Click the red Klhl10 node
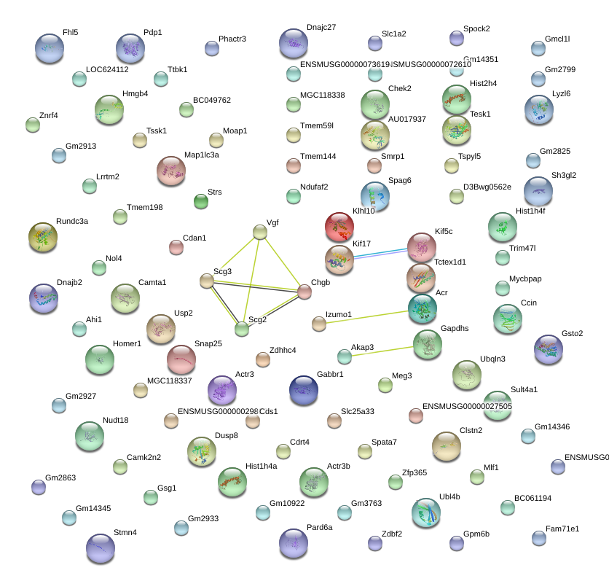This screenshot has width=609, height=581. pos(339,227)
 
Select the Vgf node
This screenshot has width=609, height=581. pos(260,232)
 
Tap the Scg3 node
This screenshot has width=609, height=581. pos(207,281)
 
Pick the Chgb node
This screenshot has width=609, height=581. pos(304,292)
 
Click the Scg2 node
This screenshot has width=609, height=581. pos(242,329)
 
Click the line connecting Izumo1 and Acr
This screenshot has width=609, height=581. pos(364,316)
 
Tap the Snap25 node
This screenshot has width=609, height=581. pos(181,359)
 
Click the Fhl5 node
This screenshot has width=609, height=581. pos(50,47)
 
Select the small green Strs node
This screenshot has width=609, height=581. pos(200,200)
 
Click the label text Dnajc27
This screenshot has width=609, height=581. pos(321,27)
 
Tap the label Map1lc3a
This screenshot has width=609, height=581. pos(202,155)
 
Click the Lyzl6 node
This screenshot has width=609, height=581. pos(539,109)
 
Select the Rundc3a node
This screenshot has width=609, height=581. pos(42,237)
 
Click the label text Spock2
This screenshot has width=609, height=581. pos(476,28)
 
